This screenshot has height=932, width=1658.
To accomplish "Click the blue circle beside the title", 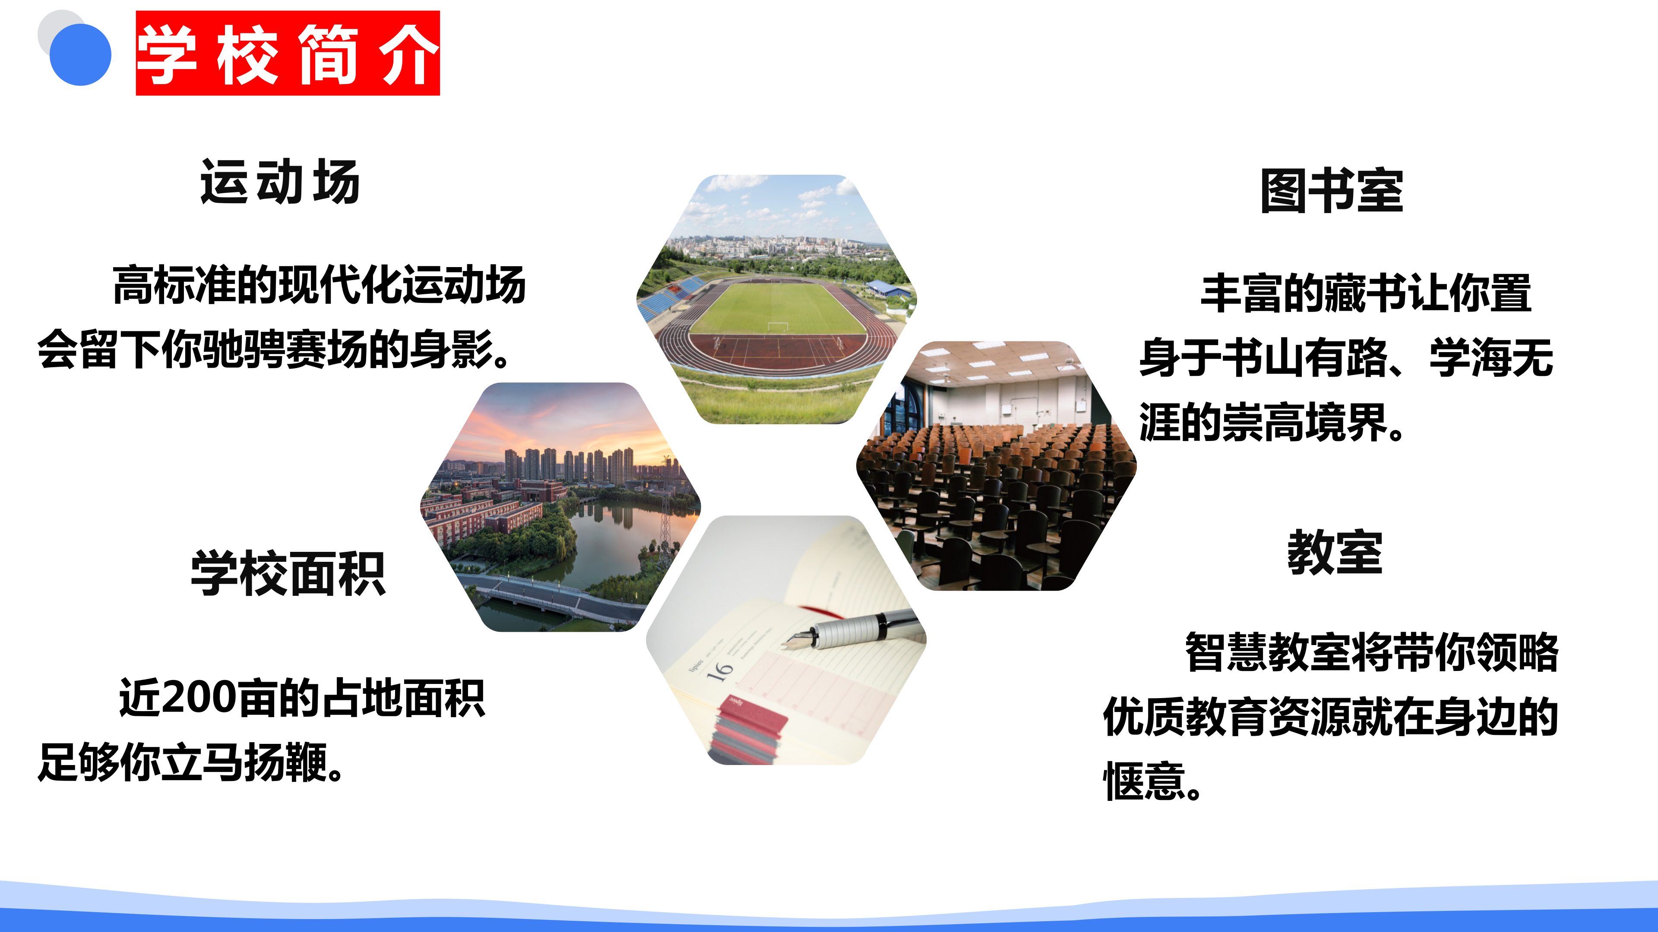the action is pyautogui.click(x=80, y=55).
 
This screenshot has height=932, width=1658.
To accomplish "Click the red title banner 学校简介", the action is pyautogui.click(x=288, y=54).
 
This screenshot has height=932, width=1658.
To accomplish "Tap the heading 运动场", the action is pyautogui.click(x=280, y=182).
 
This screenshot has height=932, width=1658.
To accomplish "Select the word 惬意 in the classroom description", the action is pyautogui.click(x=1144, y=781).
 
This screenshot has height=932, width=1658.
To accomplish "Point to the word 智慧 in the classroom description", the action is pyautogui.click(x=1226, y=652).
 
